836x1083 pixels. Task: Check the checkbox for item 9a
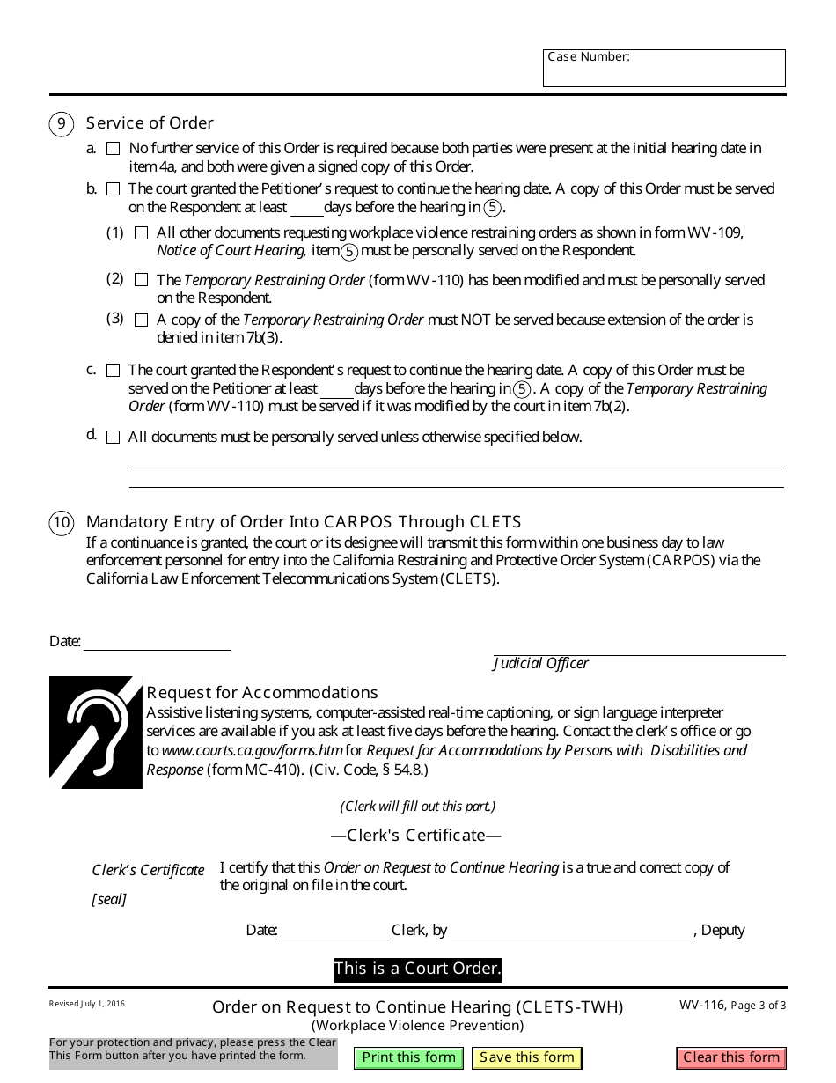pos(113,149)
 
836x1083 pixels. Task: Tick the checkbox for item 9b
pos(113,189)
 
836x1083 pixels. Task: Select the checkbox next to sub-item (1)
pos(141,233)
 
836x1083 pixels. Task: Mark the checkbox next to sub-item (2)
pos(141,280)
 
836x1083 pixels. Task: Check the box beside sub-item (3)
pos(141,320)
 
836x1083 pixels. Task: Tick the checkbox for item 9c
pos(113,371)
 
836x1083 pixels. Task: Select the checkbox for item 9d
pos(113,438)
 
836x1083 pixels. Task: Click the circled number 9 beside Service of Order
pos(61,123)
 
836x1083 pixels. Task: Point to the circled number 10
pos(61,523)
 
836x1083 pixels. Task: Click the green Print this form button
pos(408,1057)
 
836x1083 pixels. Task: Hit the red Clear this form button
pos(731,1057)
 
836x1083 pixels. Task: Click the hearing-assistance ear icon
pos(95,732)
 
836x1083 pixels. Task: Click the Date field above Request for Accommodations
pos(157,642)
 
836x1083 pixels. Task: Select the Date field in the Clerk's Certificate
pos(333,931)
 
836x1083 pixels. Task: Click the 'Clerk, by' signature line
pos(570,931)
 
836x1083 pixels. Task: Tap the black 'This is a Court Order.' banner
pos(417,969)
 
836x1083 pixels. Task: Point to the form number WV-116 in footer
pos(702,1006)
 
